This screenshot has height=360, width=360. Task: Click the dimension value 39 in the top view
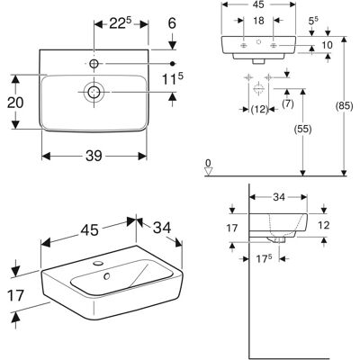(x=94, y=156)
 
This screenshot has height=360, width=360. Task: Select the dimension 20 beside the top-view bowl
(x=15, y=103)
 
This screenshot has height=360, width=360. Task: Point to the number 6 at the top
(x=172, y=22)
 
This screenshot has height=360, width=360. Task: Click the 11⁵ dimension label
(x=173, y=79)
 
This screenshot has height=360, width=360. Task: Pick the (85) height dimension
(x=344, y=106)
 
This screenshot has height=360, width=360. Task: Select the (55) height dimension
(x=302, y=130)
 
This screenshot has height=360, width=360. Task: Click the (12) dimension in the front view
(x=259, y=110)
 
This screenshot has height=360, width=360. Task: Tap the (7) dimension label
(x=288, y=104)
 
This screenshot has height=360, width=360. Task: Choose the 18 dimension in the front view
(x=258, y=21)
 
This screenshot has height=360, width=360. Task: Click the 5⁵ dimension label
(x=313, y=21)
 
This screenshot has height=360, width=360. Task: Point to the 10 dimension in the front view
(x=327, y=45)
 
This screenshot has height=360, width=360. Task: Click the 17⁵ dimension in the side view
(x=264, y=259)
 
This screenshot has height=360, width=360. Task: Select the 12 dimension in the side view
(x=323, y=225)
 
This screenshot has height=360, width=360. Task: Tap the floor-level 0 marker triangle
(x=208, y=172)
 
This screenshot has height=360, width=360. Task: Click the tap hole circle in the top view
(x=94, y=63)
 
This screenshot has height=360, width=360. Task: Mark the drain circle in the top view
(x=94, y=91)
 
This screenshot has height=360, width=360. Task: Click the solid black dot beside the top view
(x=172, y=63)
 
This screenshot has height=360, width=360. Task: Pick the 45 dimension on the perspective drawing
(x=89, y=230)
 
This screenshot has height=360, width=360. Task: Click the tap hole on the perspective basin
(x=98, y=264)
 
